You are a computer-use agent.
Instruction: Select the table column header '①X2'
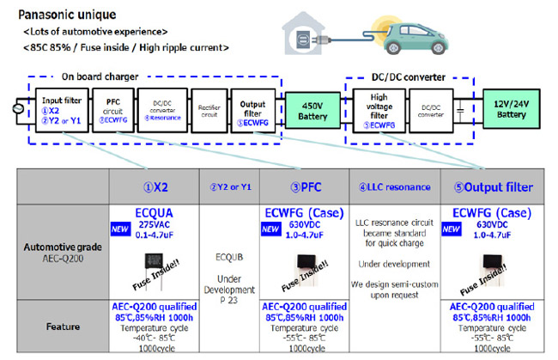154,186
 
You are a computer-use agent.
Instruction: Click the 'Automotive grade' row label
64,250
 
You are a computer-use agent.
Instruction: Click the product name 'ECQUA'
155,211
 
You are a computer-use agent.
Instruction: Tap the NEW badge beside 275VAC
122,229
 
